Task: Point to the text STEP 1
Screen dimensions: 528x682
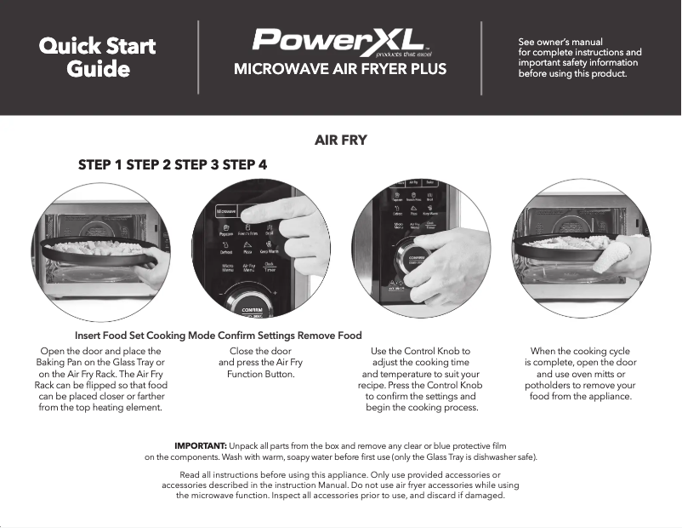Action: click(100, 164)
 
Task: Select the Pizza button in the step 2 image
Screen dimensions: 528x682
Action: click(247, 250)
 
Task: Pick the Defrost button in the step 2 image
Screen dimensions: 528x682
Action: click(225, 250)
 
